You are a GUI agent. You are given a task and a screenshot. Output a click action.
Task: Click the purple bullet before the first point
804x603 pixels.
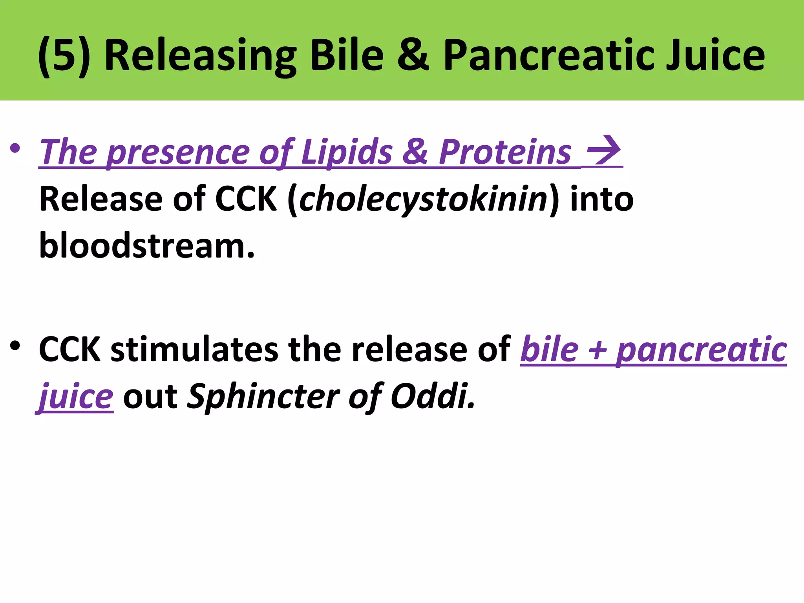coord(15,149)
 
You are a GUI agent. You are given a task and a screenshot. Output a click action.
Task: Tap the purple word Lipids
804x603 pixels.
coord(347,152)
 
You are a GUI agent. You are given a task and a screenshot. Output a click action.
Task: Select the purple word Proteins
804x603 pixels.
coord(504,152)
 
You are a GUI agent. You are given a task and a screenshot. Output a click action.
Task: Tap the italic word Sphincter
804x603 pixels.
coord(263,397)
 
